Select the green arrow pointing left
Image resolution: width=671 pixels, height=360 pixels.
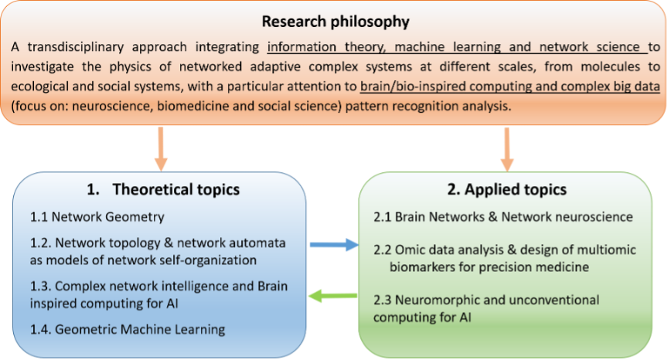coord(333,294)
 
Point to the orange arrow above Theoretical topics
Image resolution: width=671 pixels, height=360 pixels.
coord(161,147)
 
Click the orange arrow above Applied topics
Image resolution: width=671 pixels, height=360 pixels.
coord(507,147)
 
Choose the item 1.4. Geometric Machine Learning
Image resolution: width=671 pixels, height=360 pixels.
coord(127,330)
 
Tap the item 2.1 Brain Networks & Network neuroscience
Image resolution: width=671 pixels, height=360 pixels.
coord(503,217)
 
